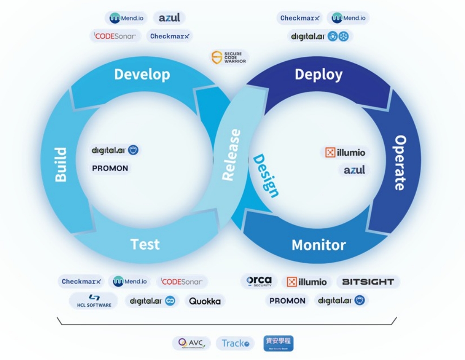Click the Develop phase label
point(142,74)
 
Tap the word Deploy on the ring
point(319,74)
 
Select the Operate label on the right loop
point(400,163)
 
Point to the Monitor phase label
point(319,245)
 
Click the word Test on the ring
point(145,244)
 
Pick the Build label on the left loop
point(61,165)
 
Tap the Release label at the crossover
point(232,155)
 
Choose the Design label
point(266,176)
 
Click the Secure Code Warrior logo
point(229,58)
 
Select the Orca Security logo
point(259,281)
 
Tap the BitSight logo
point(368,282)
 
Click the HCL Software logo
point(94,301)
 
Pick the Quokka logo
point(205,301)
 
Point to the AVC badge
point(191,343)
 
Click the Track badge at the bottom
point(235,343)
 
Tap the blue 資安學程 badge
point(279,343)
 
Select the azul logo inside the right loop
point(354,170)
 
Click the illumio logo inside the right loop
point(345,153)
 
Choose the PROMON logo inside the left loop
point(110,168)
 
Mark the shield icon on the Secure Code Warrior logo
point(217,58)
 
